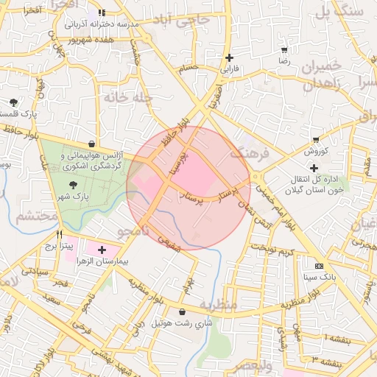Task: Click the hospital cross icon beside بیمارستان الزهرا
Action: pos(102,250)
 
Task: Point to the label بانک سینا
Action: pos(318,277)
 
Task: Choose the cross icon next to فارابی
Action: pos(230,57)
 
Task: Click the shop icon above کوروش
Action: pos(316,140)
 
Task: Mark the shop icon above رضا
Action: pos(284,51)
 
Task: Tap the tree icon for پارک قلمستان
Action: pos(13,102)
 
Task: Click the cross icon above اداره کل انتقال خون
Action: pos(314,168)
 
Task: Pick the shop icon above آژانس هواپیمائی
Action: pos(91,144)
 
